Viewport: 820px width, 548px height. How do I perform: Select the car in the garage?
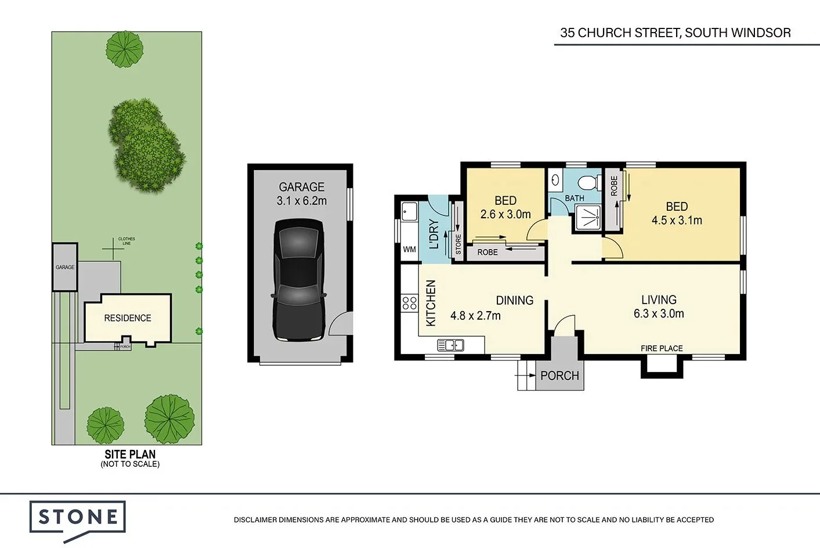pyautogui.click(x=298, y=280)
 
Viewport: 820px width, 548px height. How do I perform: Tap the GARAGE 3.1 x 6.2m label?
pyautogui.click(x=301, y=194)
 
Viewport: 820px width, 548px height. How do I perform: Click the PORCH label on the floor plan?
pyautogui.click(x=559, y=376)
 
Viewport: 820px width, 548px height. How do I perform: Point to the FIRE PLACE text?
pyautogui.click(x=662, y=348)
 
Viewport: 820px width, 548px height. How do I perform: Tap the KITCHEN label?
pyautogui.click(x=431, y=303)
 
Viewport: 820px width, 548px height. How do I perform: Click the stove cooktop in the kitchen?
pyautogui.click(x=409, y=302)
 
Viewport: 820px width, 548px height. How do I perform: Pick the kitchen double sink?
pyautogui.click(x=450, y=346)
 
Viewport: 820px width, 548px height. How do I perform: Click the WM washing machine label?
pyautogui.click(x=409, y=250)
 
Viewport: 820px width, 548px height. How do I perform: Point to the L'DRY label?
pyautogui.click(x=434, y=233)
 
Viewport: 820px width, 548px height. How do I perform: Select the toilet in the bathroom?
pyautogui.click(x=590, y=182)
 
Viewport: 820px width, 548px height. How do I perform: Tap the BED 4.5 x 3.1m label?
pyautogui.click(x=677, y=214)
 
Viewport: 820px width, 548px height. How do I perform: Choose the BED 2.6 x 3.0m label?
pyautogui.click(x=505, y=207)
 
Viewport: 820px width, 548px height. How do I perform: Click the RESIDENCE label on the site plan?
pyautogui.click(x=128, y=318)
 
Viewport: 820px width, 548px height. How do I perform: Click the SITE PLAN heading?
pyautogui.click(x=130, y=455)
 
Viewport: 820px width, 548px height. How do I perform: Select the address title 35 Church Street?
pyautogui.click(x=675, y=33)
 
